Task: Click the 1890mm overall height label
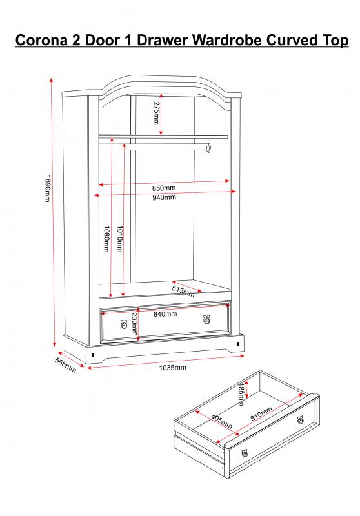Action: click(x=47, y=188)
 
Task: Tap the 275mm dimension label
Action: click(x=156, y=112)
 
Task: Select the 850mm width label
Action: click(x=163, y=188)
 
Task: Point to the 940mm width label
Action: click(x=163, y=197)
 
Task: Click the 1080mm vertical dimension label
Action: click(x=106, y=239)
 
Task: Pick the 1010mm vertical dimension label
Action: click(x=119, y=239)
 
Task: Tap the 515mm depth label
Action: click(x=183, y=292)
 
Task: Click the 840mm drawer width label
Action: click(x=165, y=314)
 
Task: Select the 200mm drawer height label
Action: click(x=134, y=324)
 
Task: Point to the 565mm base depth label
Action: click(x=66, y=365)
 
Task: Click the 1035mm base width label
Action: click(x=173, y=368)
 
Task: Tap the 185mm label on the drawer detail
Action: click(x=241, y=394)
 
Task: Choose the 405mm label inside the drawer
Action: click(x=221, y=422)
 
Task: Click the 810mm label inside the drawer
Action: click(x=261, y=413)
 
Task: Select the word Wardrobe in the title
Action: click(x=227, y=40)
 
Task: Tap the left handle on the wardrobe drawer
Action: click(x=124, y=324)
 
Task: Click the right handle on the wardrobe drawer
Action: click(x=206, y=319)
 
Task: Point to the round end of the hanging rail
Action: click(x=208, y=148)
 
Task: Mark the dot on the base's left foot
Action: click(x=93, y=355)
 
